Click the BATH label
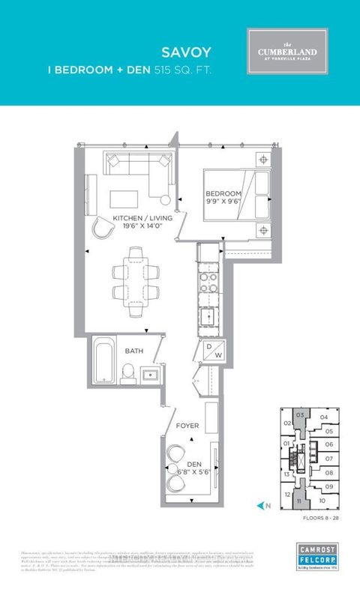135,351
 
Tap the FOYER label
187,426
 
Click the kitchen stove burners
207,283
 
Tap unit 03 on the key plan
300,415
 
